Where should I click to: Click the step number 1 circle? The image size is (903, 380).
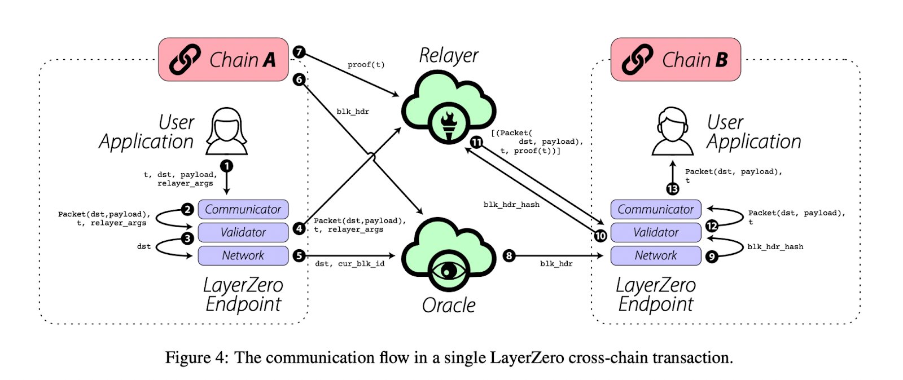(x=227, y=166)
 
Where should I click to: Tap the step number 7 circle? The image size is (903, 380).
(x=299, y=52)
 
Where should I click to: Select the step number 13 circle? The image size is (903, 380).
(x=672, y=189)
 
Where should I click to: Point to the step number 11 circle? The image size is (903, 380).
(x=476, y=142)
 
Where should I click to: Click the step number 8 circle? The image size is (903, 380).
(x=509, y=255)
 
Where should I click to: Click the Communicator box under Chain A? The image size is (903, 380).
(x=243, y=209)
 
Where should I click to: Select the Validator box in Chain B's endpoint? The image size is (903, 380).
(x=656, y=232)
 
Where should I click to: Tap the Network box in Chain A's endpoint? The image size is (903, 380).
(x=243, y=255)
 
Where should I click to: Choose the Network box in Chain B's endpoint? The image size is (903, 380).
(x=656, y=255)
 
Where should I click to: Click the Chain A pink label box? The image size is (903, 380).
(x=223, y=60)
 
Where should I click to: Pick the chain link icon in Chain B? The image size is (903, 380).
(x=637, y=60)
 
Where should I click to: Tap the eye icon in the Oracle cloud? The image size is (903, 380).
(x=448, y=271)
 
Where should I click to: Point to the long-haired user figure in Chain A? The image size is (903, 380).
(x=226, y=131)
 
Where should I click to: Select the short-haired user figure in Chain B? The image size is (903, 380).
(x=672, y=131)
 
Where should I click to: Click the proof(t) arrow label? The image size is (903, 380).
(x=366, y=64)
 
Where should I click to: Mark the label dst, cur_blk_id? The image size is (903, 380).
(x=349, y=264)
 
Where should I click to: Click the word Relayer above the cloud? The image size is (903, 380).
(x=449, y=55)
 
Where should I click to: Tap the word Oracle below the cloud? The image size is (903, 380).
(x=449, y=305)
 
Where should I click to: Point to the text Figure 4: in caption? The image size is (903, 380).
(x=197, y=357)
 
